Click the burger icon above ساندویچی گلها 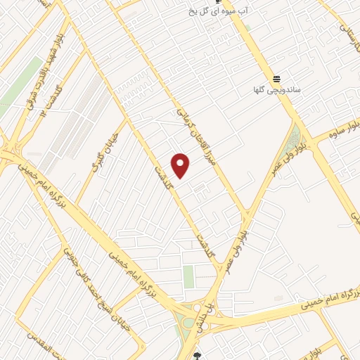(277, 78)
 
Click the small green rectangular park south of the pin (188, 277)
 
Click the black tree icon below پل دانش (198, 356)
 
